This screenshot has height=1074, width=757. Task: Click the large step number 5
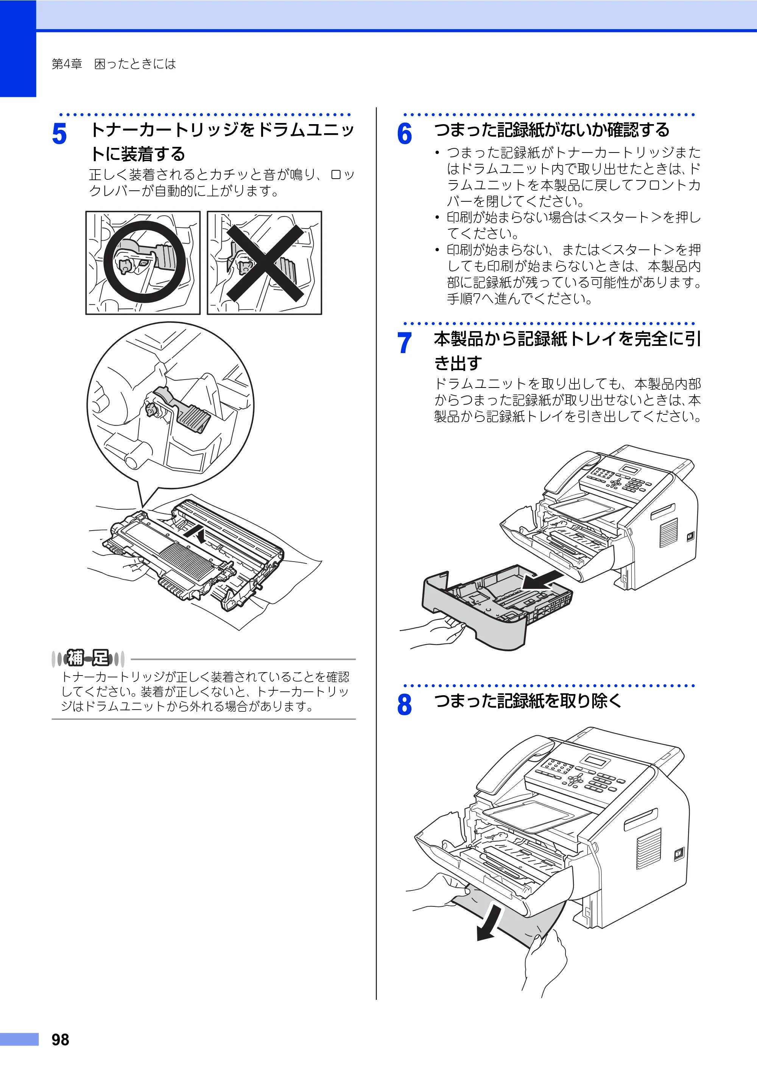pos(59,134)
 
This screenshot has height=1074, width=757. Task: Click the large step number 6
pos(404,134)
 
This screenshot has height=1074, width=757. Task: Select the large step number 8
pos(404,705)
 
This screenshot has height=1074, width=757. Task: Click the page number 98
pos(60,1040)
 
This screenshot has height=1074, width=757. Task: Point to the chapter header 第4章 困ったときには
pos(114,64)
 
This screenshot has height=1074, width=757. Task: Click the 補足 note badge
pos(88,658)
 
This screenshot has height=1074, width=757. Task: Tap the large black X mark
pos(265,262)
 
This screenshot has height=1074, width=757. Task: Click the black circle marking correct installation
pos(145,262)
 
